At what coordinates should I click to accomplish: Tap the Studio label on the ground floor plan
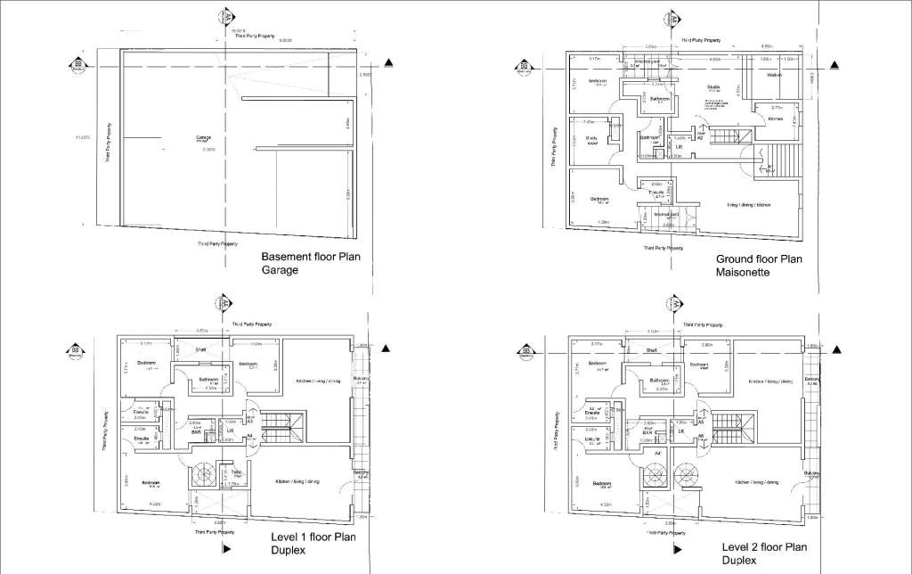tap(713, 87)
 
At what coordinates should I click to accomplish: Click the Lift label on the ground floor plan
tap(680, 147)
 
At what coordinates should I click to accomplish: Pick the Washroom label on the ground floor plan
tap(773, 76)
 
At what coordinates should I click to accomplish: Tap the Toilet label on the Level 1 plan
tap(236, 472)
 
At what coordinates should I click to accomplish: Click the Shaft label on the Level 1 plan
tap(201, 350)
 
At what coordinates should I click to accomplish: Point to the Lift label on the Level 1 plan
tap(231, 431)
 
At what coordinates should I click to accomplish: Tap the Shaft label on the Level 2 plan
tap(651, 351)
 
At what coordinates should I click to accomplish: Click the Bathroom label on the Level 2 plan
tap(659, 380)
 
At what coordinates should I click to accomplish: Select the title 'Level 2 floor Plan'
tap(764, 546)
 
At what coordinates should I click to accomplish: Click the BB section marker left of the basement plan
tap(78, 67)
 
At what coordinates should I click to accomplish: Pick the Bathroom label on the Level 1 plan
tap(210, 379)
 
